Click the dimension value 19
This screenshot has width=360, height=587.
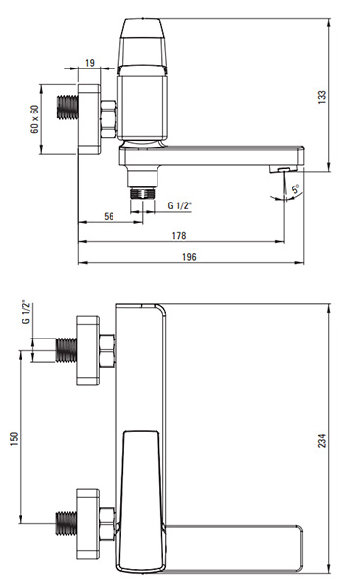(x=90, y=63)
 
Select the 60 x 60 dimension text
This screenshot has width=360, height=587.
(x=34, y=119)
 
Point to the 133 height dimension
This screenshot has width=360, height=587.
(x=322, y=97)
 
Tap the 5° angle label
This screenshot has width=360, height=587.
(x=296, y=189)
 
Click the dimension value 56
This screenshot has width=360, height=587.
(x=109, y=216)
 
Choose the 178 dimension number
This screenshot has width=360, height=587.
(x=179, y=236)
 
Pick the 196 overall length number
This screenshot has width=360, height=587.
(x=189, y=257)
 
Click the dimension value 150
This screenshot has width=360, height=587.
(x=14, y=438)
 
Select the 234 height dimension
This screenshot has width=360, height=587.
(x=322, y=440)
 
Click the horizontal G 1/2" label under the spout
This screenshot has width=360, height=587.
(x=180, y=205)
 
